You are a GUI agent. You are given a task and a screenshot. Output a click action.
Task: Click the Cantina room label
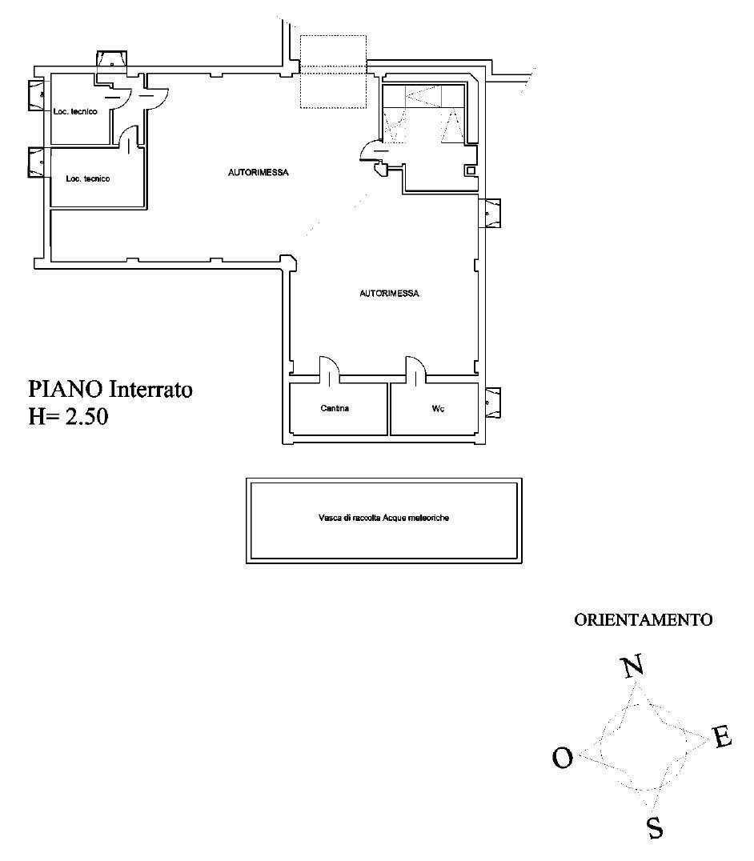click(335, 408)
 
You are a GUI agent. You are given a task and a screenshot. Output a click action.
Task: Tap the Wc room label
click(438, 409)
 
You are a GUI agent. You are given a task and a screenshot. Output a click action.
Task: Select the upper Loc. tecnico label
click(75, 111)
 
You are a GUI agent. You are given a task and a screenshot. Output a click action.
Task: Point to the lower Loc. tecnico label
click(88, 178)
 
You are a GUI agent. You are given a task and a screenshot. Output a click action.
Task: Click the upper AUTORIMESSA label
click(258, 172)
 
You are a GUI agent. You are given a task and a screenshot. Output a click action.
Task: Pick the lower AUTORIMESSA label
click(389, 294)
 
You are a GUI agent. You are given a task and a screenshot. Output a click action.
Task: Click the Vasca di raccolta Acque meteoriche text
click(384, 517)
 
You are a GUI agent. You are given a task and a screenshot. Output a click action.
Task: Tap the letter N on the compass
click(632, 667)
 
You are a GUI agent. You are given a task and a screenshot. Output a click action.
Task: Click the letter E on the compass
click(722, 736)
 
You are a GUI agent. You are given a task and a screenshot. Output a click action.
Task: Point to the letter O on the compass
click(563, 759)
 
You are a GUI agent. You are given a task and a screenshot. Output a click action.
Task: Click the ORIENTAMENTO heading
click(643, 620)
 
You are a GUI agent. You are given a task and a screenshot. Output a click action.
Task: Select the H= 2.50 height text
click(68, 416)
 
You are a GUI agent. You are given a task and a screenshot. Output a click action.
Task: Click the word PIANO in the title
click(66, 390)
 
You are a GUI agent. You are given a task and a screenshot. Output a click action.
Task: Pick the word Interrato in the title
click(151, 390)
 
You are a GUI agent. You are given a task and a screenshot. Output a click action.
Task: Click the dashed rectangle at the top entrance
click(333, 71)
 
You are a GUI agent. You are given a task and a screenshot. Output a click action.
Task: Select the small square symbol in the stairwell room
click(471, 170)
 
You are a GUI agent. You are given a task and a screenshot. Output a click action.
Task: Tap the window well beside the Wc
click(492, 403)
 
